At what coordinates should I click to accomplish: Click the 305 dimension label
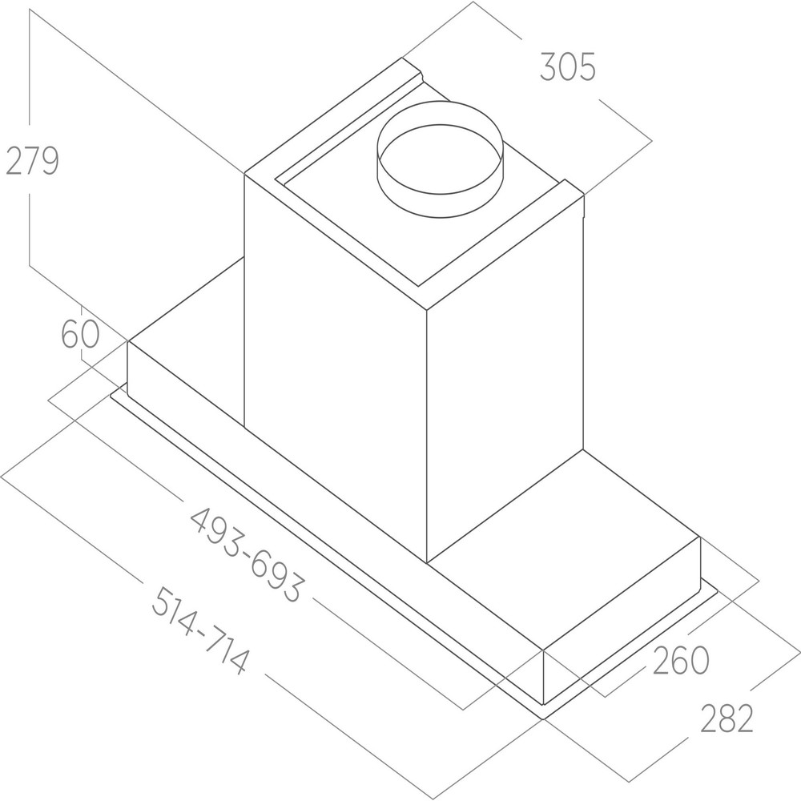point(568,67)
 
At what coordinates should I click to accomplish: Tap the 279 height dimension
point(32,160)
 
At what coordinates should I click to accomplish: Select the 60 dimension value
point(80,335)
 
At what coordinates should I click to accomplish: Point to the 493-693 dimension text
point(248,554)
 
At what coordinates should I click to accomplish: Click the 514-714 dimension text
point(199,630)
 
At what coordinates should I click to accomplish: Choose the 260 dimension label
point(681,660)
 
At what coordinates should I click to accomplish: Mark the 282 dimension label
point(727,718)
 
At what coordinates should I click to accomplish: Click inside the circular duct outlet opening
point(440,159)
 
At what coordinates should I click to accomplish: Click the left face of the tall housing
point(335,368)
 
